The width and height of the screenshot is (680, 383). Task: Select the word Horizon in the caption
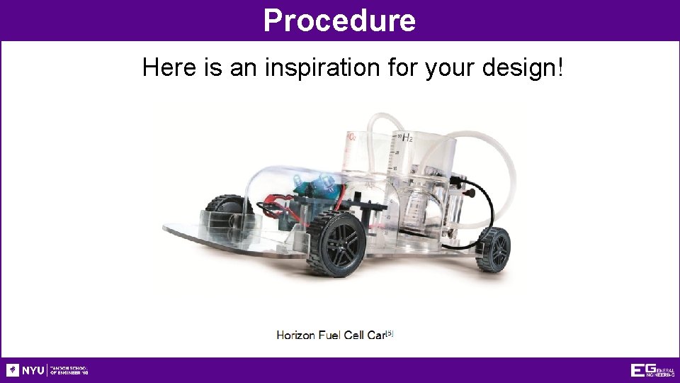299,335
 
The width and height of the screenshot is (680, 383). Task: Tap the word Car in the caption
375,335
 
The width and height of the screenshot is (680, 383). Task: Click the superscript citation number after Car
389,333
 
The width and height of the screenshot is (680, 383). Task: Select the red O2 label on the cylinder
351,137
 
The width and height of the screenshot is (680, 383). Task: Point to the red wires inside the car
273,210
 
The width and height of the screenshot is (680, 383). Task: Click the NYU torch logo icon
13,370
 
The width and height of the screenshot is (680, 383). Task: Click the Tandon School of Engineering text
69,370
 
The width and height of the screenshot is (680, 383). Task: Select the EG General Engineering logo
652,370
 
